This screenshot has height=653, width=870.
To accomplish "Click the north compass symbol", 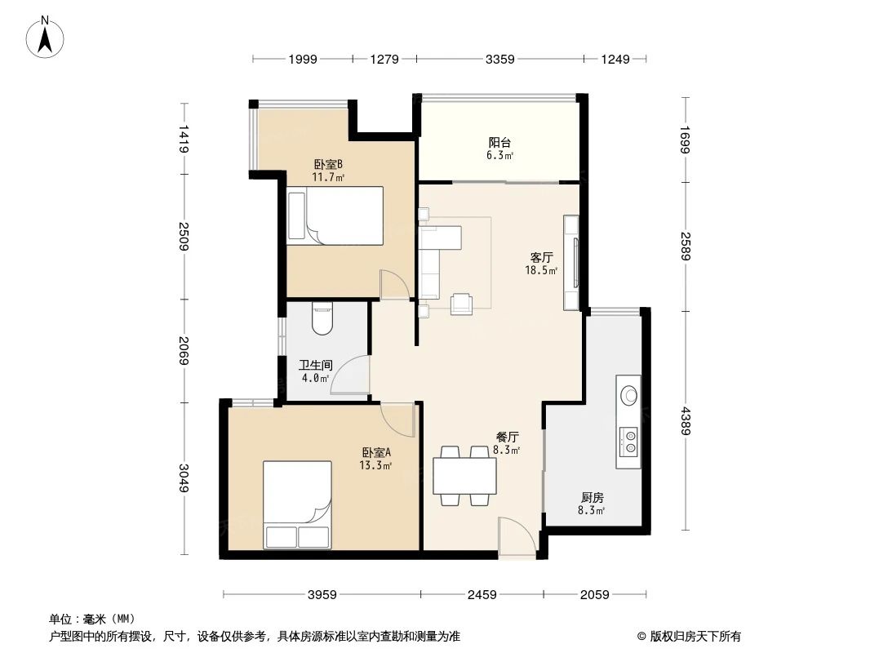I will pos(47,37).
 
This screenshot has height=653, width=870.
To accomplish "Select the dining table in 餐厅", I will pos(464,475).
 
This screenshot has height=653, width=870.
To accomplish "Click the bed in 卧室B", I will pos(335,216).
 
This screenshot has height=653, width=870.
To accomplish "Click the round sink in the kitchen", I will pos(628,395).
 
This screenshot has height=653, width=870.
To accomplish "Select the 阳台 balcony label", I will pos(499,140).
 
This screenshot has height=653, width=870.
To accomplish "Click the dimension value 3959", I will pos(322,594).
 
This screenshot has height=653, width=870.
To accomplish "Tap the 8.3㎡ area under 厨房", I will pos(592,511).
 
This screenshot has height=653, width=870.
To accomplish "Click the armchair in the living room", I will pos(462,303).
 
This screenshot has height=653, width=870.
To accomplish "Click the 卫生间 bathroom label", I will pos(314,366).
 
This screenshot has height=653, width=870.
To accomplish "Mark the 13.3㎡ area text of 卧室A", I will pos(375,465).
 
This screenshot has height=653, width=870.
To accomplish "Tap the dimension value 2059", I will pos(593,594).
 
